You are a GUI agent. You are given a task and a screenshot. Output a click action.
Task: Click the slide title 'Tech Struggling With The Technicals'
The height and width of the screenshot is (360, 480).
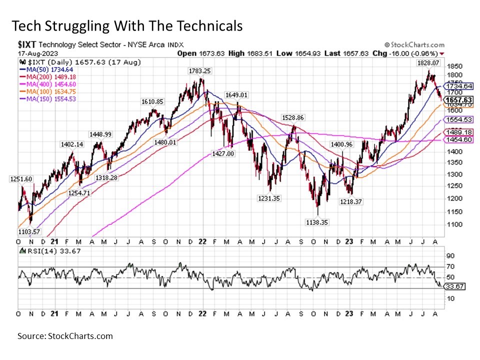click(x=126, y=25)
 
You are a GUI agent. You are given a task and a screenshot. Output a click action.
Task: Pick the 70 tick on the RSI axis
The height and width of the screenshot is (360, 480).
click(x=450, y=266)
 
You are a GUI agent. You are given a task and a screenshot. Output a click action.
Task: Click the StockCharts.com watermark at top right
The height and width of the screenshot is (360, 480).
click(x=414, y=45)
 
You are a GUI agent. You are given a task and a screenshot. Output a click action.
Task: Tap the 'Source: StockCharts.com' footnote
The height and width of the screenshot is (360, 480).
click(x=65, y=336)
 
